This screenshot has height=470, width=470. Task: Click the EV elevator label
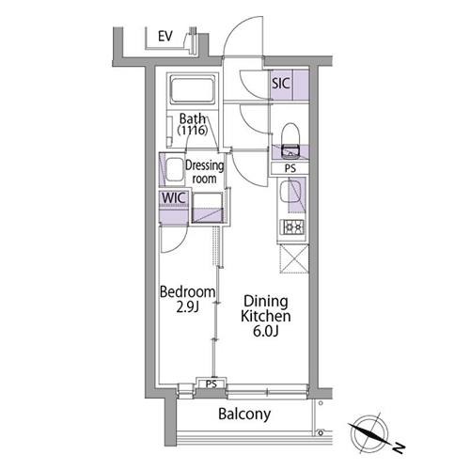pyautogui.click(x=165, y=37)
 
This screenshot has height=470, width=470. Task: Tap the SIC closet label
pyautogui.click(x=281, y=84)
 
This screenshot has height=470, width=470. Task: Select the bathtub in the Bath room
pyautogui.click(x=193, y=90)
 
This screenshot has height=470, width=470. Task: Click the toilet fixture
pyautogui.click(x=290, y=140)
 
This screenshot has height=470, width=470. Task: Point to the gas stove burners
pyautogui.click(x=293, y=227)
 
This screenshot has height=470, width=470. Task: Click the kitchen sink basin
pyautogui.click(x=290, y=192)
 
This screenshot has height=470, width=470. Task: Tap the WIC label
pyautogui.click(x=174, y=198)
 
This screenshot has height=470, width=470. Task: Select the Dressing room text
pyautogui.click(x=204, y=172)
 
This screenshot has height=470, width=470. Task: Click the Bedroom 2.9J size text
pyautogui.click(x=187, y=307)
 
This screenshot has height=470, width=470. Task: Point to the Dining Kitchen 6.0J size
pyautogui.click(x=266, y=331)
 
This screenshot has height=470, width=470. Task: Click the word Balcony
pyautogui.click(x=244, y=415)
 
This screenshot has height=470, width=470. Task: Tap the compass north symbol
pyautogui.click(x=369, y=433)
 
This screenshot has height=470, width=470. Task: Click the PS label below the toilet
pyautogui.click(x=290, y=168)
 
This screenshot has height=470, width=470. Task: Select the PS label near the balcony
pyautogui.click(x=211, y=384)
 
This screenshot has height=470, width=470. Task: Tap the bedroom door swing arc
pyautogui.click(x=181, y=244)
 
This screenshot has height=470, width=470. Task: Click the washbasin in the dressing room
pyautogui.click(x=174, y=169)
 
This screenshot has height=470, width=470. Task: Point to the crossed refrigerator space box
pyautogui.click(x=294, y=258)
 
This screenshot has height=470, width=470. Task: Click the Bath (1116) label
pyautogui.click(x=193, y=124)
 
